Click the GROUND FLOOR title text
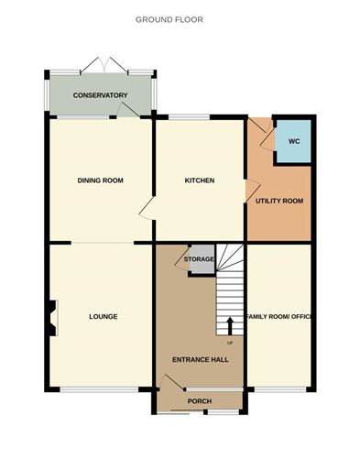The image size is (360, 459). tap(169, 18)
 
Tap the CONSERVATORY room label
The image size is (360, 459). tap(101, 95)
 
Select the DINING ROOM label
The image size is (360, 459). tap(100, 180)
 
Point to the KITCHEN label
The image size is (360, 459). tap(200, 180)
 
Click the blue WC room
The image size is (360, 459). tap(294, 142)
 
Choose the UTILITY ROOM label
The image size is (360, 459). tap(279, 200)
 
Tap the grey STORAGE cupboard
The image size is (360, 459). tap(199, 259)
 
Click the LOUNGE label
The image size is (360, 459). tap(103, 317)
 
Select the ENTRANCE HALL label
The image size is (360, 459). tap(200, 359)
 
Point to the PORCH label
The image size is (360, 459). tap(199, 401)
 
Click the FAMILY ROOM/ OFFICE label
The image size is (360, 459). tap(280, 317)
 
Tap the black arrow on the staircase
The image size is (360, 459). tap(229, 325)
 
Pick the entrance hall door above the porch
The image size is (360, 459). tap(169, 383)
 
